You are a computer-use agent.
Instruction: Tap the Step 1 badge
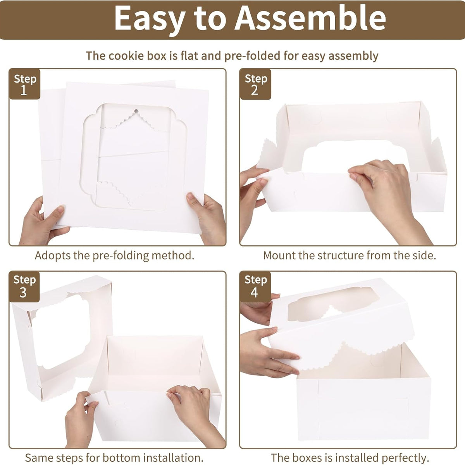[x=25, y=84]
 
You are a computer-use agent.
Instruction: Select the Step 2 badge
[x=255, y=84]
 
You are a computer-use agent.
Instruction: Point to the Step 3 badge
[x=24, y=286]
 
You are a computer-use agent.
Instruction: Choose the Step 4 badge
[x=255, y=286]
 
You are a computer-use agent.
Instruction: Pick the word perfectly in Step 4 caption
[x=405, y=458]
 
